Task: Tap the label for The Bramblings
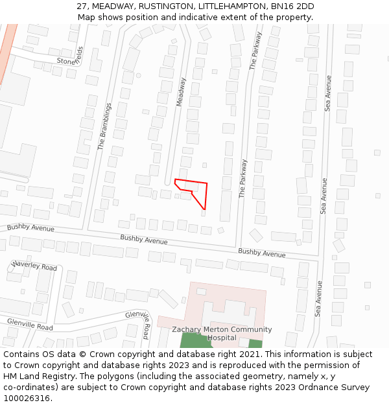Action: (104, 126)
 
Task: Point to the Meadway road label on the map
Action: (181, 92)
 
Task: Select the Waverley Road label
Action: (34, 266)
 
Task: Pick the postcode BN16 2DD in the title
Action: (293, 6)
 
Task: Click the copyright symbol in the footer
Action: (77, 354)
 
